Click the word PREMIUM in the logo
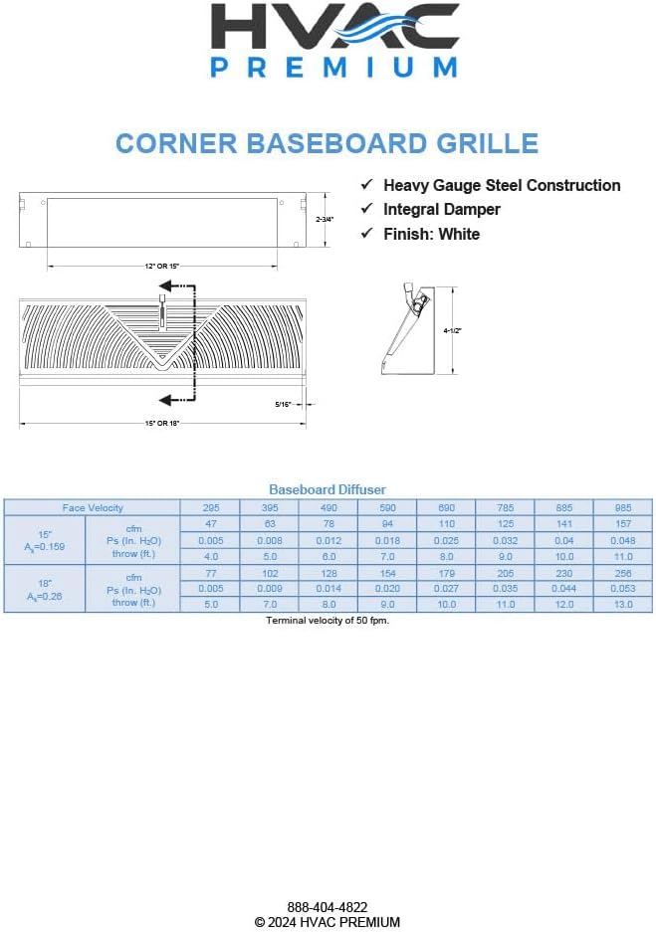[x=334, y=67]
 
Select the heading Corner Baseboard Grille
[x=327, y=142]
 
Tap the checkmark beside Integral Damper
[x=366, y=210]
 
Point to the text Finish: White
[x=431, y=235]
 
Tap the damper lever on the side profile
[x=406, y=293]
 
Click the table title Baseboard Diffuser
[x=327, y=489]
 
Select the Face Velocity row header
[x=93, y=508]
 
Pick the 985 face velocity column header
[x=624, y=508]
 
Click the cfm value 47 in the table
[x=210, y=523]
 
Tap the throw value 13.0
[x=624, y=605]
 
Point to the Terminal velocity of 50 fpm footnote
[x=327, y=620]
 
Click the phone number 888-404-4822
[x=327, y=907]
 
